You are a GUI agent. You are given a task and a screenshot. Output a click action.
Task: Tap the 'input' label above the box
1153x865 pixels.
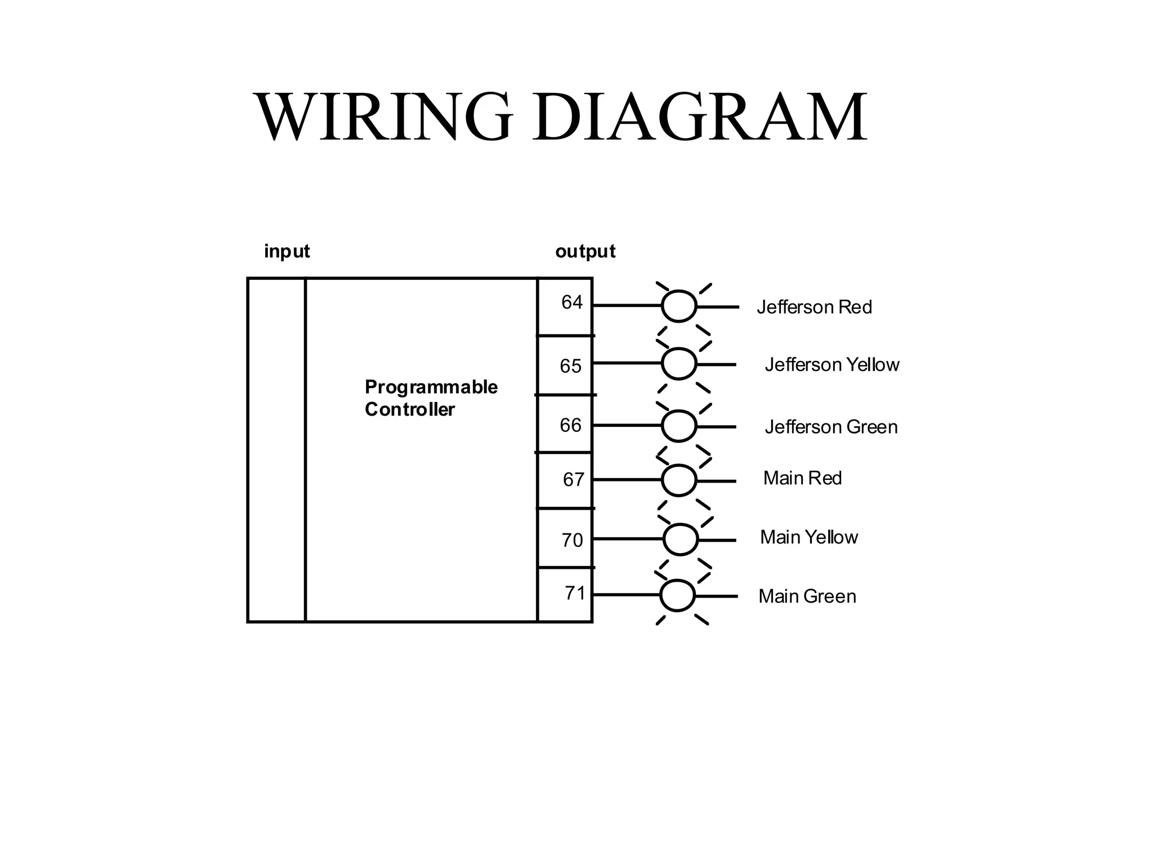pyautogui.click(x=287, y=251)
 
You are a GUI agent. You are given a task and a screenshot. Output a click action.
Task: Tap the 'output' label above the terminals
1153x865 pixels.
pyautogui.click(x=585, y=251)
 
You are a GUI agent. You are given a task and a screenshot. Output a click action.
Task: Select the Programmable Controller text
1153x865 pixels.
pyautogui.click(x=431, y=398)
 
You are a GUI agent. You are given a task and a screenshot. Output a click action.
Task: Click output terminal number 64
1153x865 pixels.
pyautogui.click(x=571, y=303)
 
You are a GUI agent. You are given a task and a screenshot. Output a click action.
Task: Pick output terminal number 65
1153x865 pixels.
pyautogui.click(x=570, y=367)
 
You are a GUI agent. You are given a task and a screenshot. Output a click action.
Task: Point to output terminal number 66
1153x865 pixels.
pyautogui.click(x=570, y=425)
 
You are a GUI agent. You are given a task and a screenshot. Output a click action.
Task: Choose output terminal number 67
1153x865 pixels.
pyautogui.click(x=573, y=480)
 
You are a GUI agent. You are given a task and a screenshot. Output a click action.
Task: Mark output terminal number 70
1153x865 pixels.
pyautogui.click(x=572, y=541)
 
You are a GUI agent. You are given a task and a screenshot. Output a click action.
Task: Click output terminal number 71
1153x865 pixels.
pyautogui.click(x=575, y=593)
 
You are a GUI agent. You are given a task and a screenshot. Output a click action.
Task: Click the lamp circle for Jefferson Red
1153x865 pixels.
pyautogui.click(x=679, y=306)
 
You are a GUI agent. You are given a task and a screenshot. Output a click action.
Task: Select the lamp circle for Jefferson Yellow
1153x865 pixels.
pyautogui.click(x=679, y=364)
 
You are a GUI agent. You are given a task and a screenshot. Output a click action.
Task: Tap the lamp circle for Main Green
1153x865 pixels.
pyautogui.click(x=677, y=595)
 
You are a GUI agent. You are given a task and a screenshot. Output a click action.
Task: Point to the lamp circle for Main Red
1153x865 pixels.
pyautogui.click(x=679, y=480)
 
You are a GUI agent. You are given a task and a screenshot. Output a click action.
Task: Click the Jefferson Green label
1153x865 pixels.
pyautogui.click(x=831, y=427)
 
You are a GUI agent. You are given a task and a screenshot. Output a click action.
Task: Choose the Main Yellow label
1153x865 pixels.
pyautogui.click(x=808, y=537)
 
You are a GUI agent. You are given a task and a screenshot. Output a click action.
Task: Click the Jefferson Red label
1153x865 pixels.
pyautogui.click(x=814, y=307)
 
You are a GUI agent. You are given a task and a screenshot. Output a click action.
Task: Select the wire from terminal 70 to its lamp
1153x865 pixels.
pyautogui.click(x=628, y=539)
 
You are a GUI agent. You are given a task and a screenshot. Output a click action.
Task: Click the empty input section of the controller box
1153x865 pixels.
pyautogui.click(x=276, y=451)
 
